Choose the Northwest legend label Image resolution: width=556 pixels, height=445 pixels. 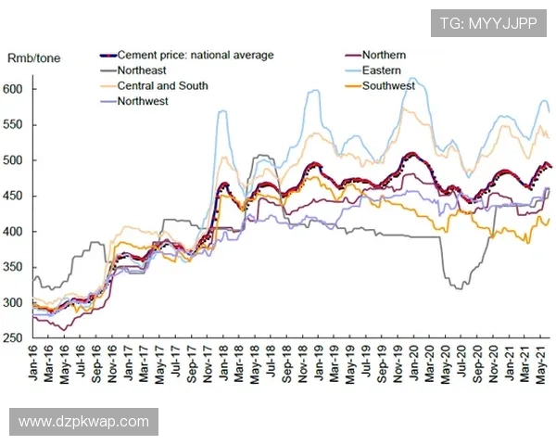[143, 100]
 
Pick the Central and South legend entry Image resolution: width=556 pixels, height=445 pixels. [162, 85]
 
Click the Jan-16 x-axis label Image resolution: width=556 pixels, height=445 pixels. [35, 363]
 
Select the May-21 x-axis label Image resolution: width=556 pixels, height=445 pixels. [537, 363]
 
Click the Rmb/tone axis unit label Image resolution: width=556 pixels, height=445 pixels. [33, 57]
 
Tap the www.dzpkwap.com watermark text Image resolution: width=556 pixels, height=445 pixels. [83, 422]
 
